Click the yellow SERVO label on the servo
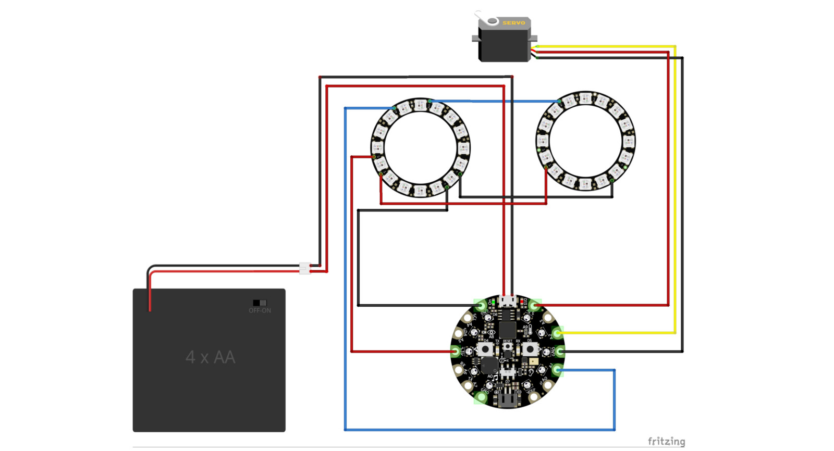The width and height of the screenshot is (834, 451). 513,23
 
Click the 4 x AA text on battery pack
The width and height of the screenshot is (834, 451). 211,357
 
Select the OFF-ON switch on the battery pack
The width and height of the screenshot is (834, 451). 260,303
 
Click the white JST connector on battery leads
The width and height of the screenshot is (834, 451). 305,268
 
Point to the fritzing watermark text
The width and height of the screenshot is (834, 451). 666,442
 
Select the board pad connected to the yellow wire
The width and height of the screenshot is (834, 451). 557,333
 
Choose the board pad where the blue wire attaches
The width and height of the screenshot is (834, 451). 557,370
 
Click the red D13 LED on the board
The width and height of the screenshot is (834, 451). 521,302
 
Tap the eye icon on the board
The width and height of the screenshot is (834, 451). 491,332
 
